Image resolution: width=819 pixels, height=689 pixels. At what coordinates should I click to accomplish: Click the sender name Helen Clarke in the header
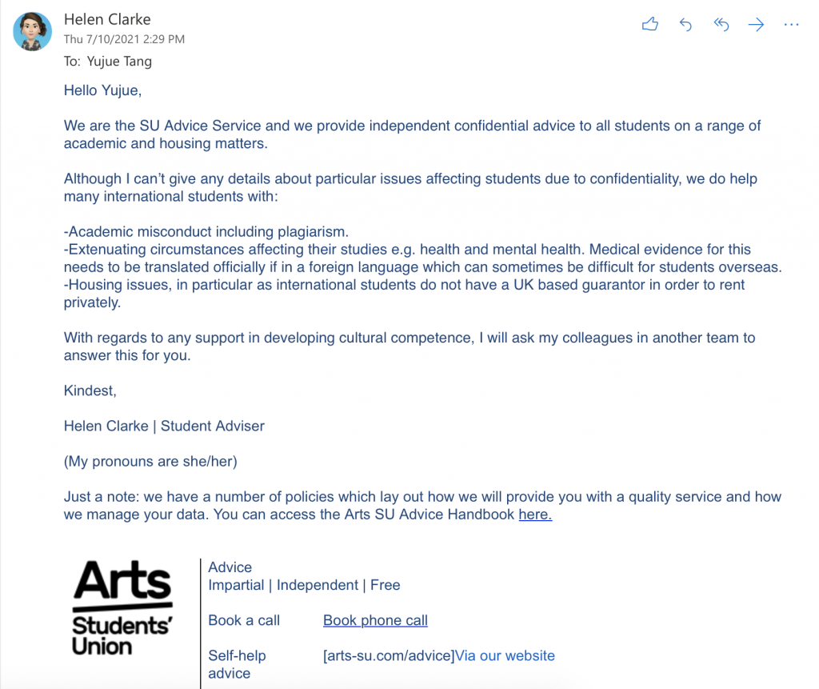(x=107, y=19)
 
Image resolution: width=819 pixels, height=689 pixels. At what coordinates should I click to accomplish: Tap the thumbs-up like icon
(x=650, y=25)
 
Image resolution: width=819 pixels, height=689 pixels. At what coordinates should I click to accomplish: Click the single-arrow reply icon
(x=685, y=25)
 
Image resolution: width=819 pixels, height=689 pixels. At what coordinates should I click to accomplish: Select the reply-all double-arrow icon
(x=721, y=25)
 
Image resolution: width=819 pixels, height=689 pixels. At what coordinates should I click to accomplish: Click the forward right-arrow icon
(x=756, y=25)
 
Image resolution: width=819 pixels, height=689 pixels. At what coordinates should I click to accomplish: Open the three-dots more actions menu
(x=791, y=25)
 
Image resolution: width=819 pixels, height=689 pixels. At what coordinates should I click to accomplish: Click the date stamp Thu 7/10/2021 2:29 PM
(x=124, y=38)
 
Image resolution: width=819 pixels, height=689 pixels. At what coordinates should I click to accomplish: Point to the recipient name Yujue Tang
(x=119, y=62)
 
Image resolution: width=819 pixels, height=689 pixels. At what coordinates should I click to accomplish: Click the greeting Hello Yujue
(x=102, y=90)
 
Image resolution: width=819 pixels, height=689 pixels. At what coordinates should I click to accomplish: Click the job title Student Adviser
(x=213, y=426)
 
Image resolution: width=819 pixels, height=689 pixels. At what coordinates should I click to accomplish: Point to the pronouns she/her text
(x=210, y=462)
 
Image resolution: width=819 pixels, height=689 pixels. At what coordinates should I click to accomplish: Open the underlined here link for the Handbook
(x=535, y=515)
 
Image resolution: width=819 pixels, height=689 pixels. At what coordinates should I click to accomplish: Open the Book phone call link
(x=375, y=620)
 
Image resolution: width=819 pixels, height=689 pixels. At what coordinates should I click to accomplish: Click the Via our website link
(x=505, y=655)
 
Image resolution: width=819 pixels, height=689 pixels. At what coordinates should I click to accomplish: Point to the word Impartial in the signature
(x=236, y=585)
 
